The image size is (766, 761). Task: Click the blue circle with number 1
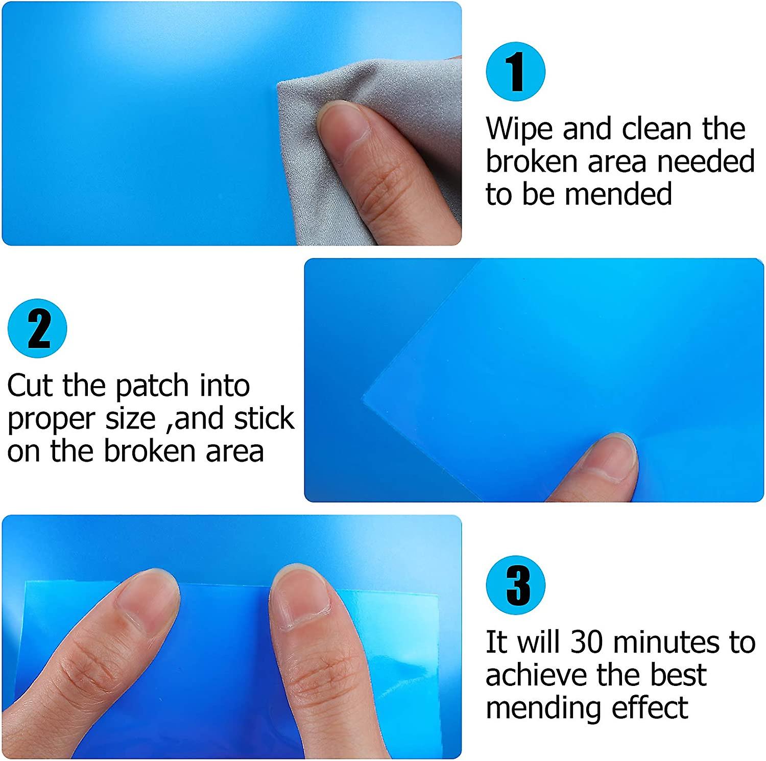(x=515, y=72)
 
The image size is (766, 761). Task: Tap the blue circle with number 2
(x=37, y=328)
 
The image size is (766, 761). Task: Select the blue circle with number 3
(x=515, y=585)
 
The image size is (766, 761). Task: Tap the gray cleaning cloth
(x=398, y=92)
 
